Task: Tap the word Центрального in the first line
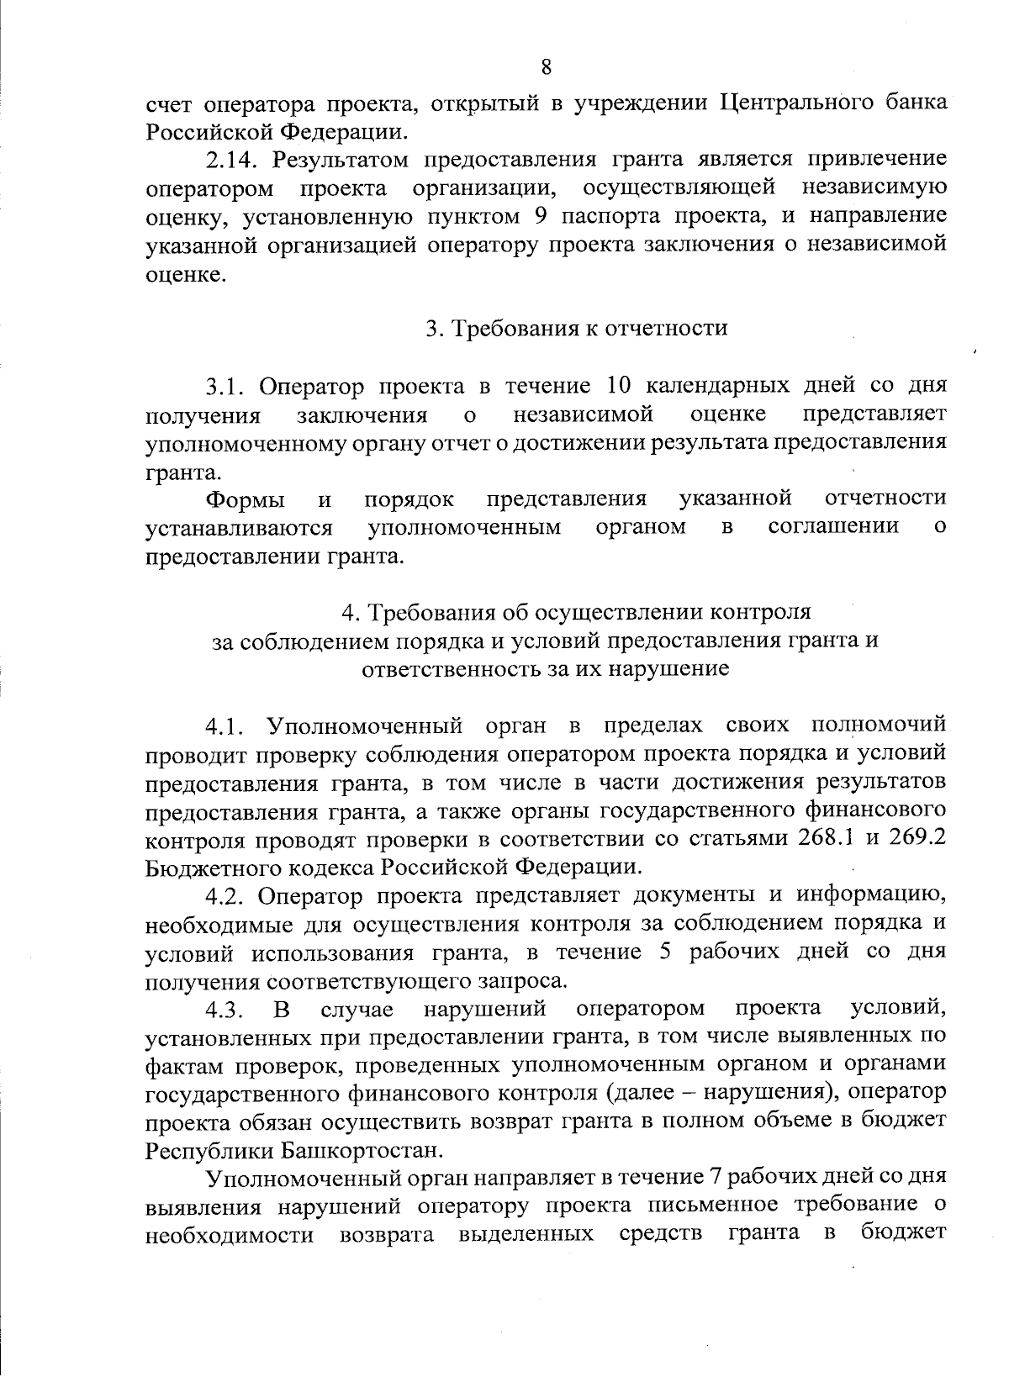coord(791,103)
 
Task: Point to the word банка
coord(911,103)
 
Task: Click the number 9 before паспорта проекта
coord(541,216)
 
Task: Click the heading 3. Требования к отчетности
coord(576,328)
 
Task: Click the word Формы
coord(245,499)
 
